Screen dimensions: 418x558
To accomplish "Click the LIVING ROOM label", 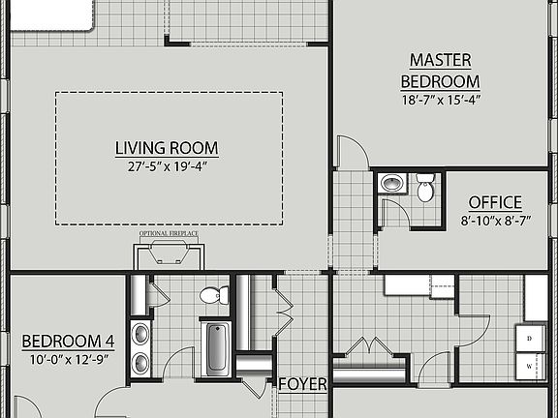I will [167, 148].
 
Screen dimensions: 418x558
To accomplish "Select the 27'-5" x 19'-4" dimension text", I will [167, 166].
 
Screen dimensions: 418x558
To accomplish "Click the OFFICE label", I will [495, 202].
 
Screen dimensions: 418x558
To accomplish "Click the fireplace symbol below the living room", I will [169, 254].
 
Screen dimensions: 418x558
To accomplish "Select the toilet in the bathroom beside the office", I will [425, 190].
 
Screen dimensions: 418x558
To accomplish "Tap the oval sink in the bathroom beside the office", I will [391, 183].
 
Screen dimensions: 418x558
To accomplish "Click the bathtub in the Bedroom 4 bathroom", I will [215, 350].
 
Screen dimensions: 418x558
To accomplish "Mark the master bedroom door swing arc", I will [351, 150].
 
